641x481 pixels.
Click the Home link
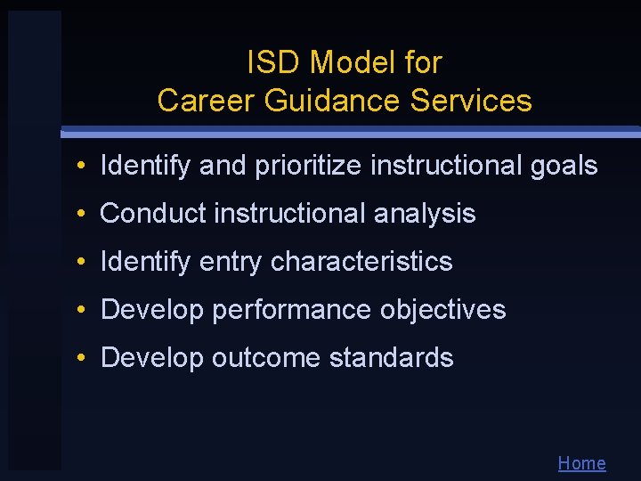pos(581,463)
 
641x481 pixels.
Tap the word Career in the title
pos(206,101)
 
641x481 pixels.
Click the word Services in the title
pos(471,101)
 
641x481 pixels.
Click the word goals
pos(564,166)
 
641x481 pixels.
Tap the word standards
pos(391,358)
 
